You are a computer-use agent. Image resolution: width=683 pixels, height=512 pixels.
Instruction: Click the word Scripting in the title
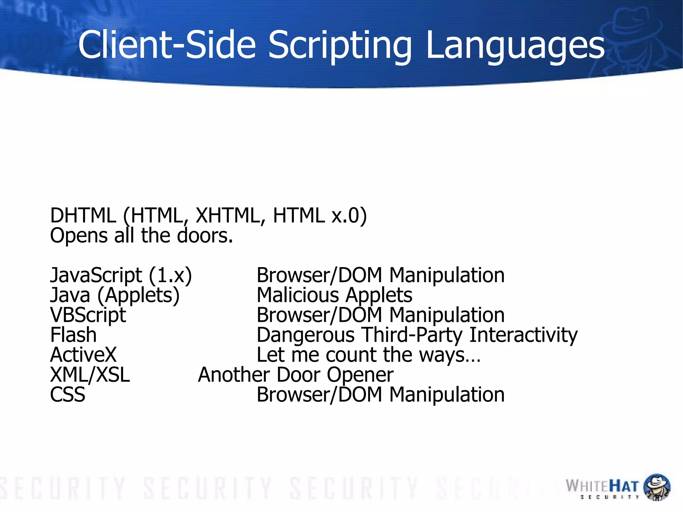pyautogui.click(x=340, y=45)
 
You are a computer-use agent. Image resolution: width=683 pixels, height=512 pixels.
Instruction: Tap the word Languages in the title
pyautogui.click(x=515, y=45)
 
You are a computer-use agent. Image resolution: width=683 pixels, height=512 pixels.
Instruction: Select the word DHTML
pyautogui.click(x=83, y=215)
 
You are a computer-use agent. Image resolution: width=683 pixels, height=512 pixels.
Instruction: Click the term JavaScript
pyautogui.click(x=96, y=275)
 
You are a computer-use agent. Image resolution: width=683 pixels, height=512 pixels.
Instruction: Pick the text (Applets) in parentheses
pyautogui.click(x=138, y=296)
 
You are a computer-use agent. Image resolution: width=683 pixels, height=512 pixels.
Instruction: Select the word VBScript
pyautogui.click(x=88, y=315)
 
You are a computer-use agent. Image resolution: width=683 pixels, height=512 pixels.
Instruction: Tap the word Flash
pyautogui.click(x=73, y=335)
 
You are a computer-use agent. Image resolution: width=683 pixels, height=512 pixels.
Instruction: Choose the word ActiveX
pyautogui.click(x=83, y=355)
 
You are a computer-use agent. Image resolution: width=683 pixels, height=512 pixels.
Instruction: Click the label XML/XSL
pyautogui.click(x=90, y=375)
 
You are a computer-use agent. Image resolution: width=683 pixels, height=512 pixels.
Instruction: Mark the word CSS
pyautogui.click(x=68, y=395)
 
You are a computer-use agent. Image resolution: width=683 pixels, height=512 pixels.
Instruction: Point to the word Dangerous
pyautogui.click(x=305, y=335)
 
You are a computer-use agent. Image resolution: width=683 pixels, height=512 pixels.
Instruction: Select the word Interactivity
pyautogui.click(x=523, y=335)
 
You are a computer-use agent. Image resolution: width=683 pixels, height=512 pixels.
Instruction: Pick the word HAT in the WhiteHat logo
pyautogui.click(x=624, y=486)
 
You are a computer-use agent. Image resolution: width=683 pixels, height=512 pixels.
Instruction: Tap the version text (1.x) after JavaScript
pyautogui.click(x=170, y=276)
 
